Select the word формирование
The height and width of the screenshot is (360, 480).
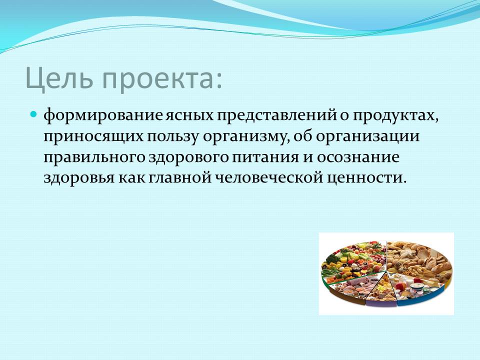[103, 116]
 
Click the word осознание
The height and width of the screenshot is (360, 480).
[358, 157]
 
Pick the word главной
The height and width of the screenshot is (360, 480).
[180, 177]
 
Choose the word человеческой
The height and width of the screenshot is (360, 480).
[269, 177]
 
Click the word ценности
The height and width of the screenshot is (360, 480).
[364, 178]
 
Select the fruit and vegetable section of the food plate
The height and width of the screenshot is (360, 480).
[352, 260]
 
